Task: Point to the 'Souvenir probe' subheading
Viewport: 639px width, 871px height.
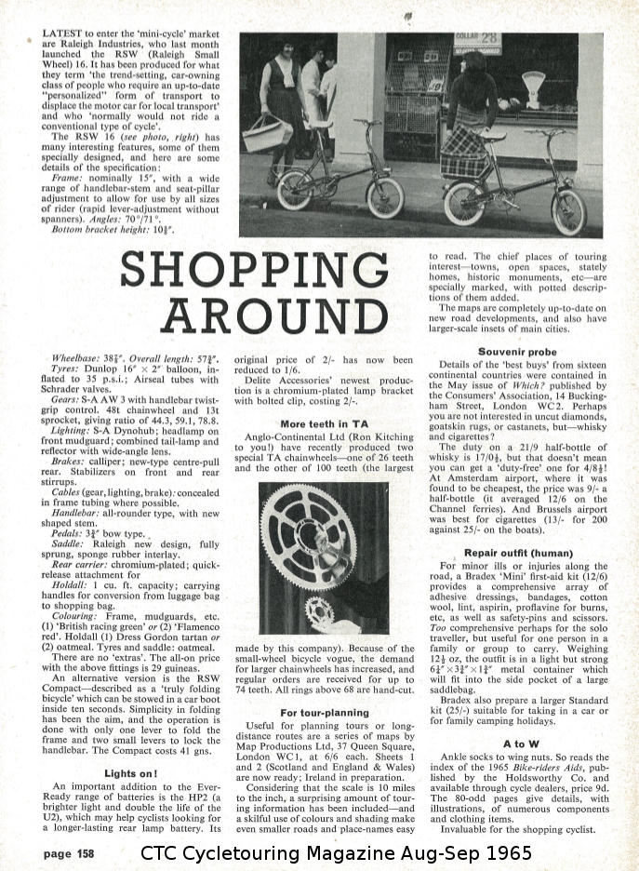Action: pos(516,352)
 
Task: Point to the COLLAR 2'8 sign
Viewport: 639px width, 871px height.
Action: pos(478,42)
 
